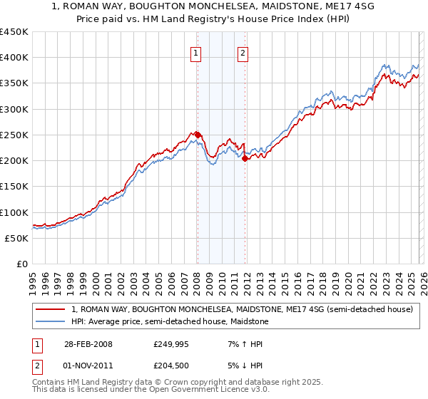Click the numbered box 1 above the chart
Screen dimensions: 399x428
coord(195,52)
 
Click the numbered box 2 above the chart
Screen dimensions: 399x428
coord(243,52)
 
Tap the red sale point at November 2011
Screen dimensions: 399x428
coord(245,158)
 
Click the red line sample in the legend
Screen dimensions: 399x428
coord(50,310)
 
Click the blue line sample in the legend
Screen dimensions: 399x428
coord(50,322)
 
